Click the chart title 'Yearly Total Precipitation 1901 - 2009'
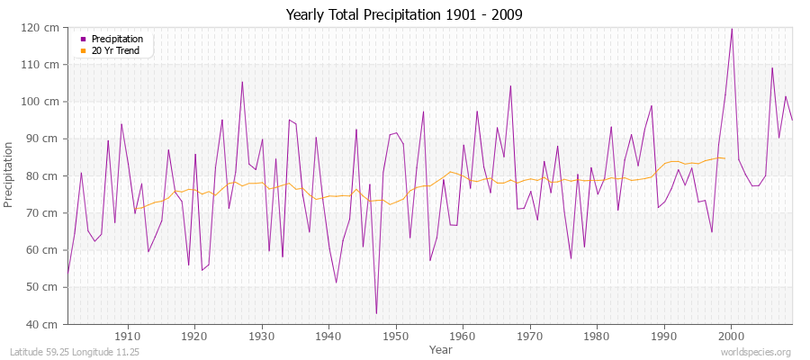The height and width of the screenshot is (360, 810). click(x=404, y=14)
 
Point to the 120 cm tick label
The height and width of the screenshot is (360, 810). click(x=44, y=28)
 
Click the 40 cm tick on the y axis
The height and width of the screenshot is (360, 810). click(x=47, y=324)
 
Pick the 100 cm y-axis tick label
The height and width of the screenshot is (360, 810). click(x=44, y=102)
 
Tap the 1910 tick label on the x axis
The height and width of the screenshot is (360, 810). click(x=128, y=335)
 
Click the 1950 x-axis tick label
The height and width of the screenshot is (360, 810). click(x=396, y=335)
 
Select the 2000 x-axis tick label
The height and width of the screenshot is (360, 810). click(x=731, y=335)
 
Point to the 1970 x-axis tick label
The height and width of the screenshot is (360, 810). click(x=530, y=335)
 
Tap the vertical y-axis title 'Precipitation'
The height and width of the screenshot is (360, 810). click(x=11, y=175)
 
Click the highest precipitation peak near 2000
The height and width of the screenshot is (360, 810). click(x=731, y=29)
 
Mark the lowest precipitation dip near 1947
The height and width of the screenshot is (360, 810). click(x=376, y=313)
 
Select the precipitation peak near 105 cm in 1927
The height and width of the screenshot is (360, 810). click(x=242, y=82)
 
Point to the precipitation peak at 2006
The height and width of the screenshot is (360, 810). click(x=771, y=67)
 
